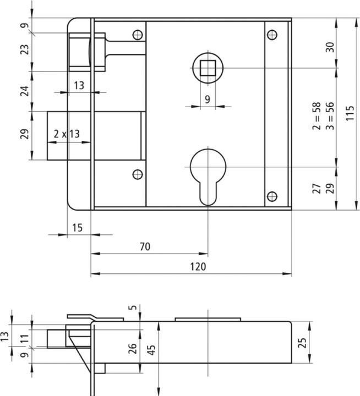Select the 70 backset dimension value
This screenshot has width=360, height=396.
(x=145, y=247)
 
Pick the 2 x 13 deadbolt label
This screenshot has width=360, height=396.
(x=67, y=134)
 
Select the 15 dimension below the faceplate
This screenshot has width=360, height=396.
(x=78, y=227)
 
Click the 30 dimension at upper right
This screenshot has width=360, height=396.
(x=330, y=47)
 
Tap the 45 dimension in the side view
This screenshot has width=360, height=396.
(x=150, y=350)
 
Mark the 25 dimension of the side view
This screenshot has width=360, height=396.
(x=301, y=343)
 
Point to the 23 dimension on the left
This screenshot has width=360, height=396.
(x=24, y=52)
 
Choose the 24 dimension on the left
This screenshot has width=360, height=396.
(x=24, y=91)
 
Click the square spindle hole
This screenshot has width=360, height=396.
(x=208, y=68)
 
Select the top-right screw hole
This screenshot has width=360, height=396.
(x=271, y=35)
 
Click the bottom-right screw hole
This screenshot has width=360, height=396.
(x=271, y=196)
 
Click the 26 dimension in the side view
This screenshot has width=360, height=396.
(x=133, y=348)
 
